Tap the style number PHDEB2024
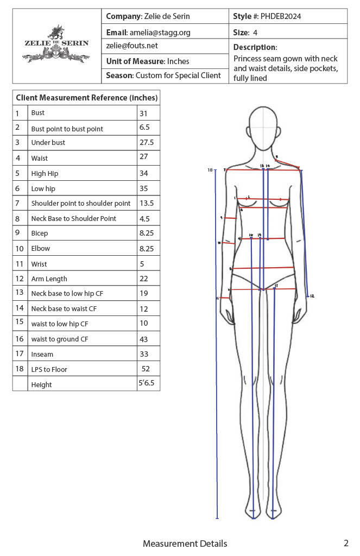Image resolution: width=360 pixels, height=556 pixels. point(281,16)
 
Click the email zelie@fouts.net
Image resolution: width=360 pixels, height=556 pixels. point(132,46)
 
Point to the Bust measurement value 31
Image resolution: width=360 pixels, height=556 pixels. point(144,113)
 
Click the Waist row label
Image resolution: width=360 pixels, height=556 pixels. point(40,158)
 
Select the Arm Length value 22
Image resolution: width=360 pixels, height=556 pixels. point(144,279)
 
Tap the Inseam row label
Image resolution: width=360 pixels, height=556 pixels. point(42,354)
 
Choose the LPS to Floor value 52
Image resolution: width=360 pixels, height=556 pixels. point(146,369)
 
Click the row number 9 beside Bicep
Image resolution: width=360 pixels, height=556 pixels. point(18,233)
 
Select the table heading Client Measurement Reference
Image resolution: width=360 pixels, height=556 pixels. point(86,98)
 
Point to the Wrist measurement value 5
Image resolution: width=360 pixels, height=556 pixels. point(142,264)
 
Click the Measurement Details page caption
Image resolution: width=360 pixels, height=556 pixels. point(185,544)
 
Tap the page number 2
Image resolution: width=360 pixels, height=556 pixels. point(346,543)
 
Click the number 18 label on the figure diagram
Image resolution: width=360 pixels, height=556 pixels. point(210,170)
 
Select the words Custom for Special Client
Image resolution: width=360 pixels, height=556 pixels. point(178,75)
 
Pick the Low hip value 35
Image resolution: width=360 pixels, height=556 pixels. point(144,189)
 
